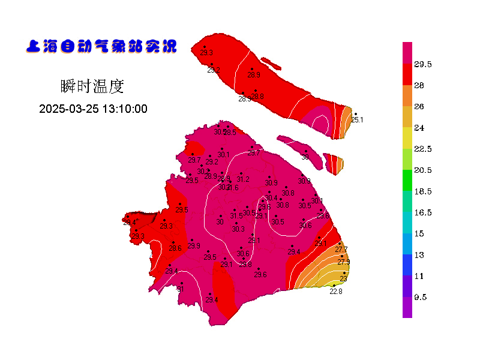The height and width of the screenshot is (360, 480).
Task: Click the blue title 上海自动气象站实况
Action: [x=101, y=46]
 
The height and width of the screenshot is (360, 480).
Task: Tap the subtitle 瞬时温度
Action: [x=92, y=86]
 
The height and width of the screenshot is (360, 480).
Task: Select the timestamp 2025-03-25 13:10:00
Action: [x=93, y=109]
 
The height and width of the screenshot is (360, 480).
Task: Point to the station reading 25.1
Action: [x=357, y=120]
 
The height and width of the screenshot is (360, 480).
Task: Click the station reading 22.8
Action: [x=336, y=292]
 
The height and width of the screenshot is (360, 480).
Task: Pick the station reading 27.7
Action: [x=341, y=250]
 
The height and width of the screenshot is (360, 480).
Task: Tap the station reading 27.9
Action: [x=344, y=262]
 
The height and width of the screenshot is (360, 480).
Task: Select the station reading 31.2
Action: [x=243, y=179]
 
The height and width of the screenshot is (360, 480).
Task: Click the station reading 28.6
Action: [x=175, y=248]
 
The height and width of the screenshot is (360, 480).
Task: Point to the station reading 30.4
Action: [x=271, y=198]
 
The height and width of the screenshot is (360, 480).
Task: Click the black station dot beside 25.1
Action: [x=355, y=114]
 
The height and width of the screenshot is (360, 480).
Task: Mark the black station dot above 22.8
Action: [x=334, y=286]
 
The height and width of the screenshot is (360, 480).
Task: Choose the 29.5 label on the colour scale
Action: [x=424, y=64]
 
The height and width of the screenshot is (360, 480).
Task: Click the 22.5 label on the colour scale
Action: [x=424, y=149]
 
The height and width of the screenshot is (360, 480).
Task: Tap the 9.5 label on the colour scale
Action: [x=420, y=297]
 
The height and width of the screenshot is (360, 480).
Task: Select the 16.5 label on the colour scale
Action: [x=424, y=212]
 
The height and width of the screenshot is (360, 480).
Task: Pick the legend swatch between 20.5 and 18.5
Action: [x=407, y=181]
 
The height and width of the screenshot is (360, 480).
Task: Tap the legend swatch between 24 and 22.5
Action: [x=407, y=138]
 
